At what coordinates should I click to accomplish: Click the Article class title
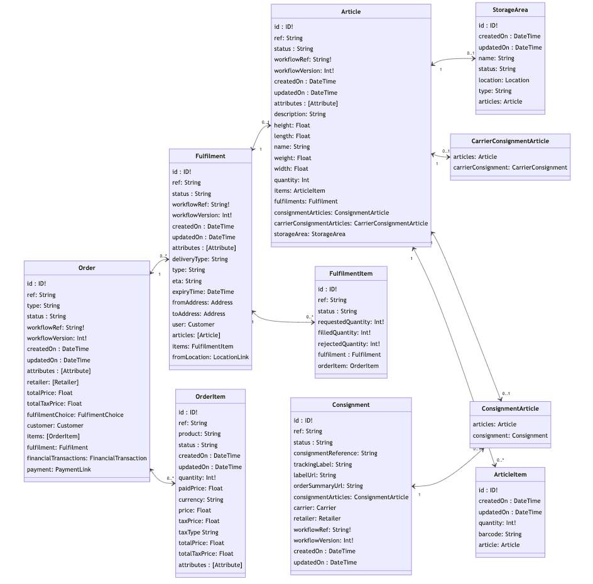351,12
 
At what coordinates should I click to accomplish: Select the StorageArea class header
509,10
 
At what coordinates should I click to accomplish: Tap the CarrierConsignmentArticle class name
510,141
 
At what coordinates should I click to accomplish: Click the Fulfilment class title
210,156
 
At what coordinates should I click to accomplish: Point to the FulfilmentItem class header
351,274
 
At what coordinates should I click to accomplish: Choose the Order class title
87,268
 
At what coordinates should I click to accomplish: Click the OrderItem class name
210,396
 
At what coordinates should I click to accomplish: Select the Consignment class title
351,405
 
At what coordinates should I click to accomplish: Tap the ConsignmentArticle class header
510,409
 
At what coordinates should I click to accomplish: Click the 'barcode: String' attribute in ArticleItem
500,534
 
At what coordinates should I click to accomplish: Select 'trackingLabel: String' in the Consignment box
322,465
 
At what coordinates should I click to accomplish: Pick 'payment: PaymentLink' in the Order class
58,469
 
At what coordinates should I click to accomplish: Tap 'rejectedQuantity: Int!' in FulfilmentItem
349,343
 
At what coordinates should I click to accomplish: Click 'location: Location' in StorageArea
504,80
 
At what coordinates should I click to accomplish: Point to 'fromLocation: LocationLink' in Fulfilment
210,357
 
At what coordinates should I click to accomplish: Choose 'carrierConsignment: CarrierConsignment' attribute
510,168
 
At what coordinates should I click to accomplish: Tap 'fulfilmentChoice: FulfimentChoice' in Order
75,414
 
